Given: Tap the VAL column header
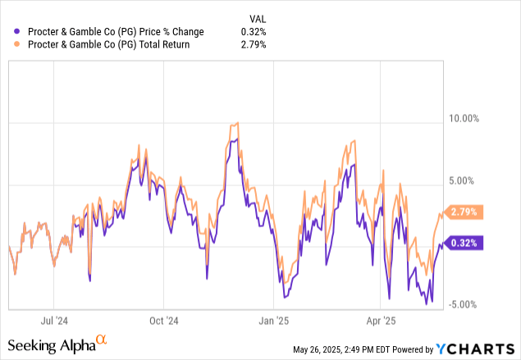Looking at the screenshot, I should (x=257, y=18).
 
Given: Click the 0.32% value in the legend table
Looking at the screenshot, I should (x=253, y=32).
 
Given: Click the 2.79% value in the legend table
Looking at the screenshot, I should (x=253, y=45).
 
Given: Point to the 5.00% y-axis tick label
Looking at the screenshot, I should (x=466, y=180).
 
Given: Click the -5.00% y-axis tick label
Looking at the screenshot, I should (x=464, y=304).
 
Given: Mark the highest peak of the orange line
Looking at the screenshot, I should (x=237, y=123).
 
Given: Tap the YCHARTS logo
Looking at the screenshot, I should (x=482, y=349).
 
